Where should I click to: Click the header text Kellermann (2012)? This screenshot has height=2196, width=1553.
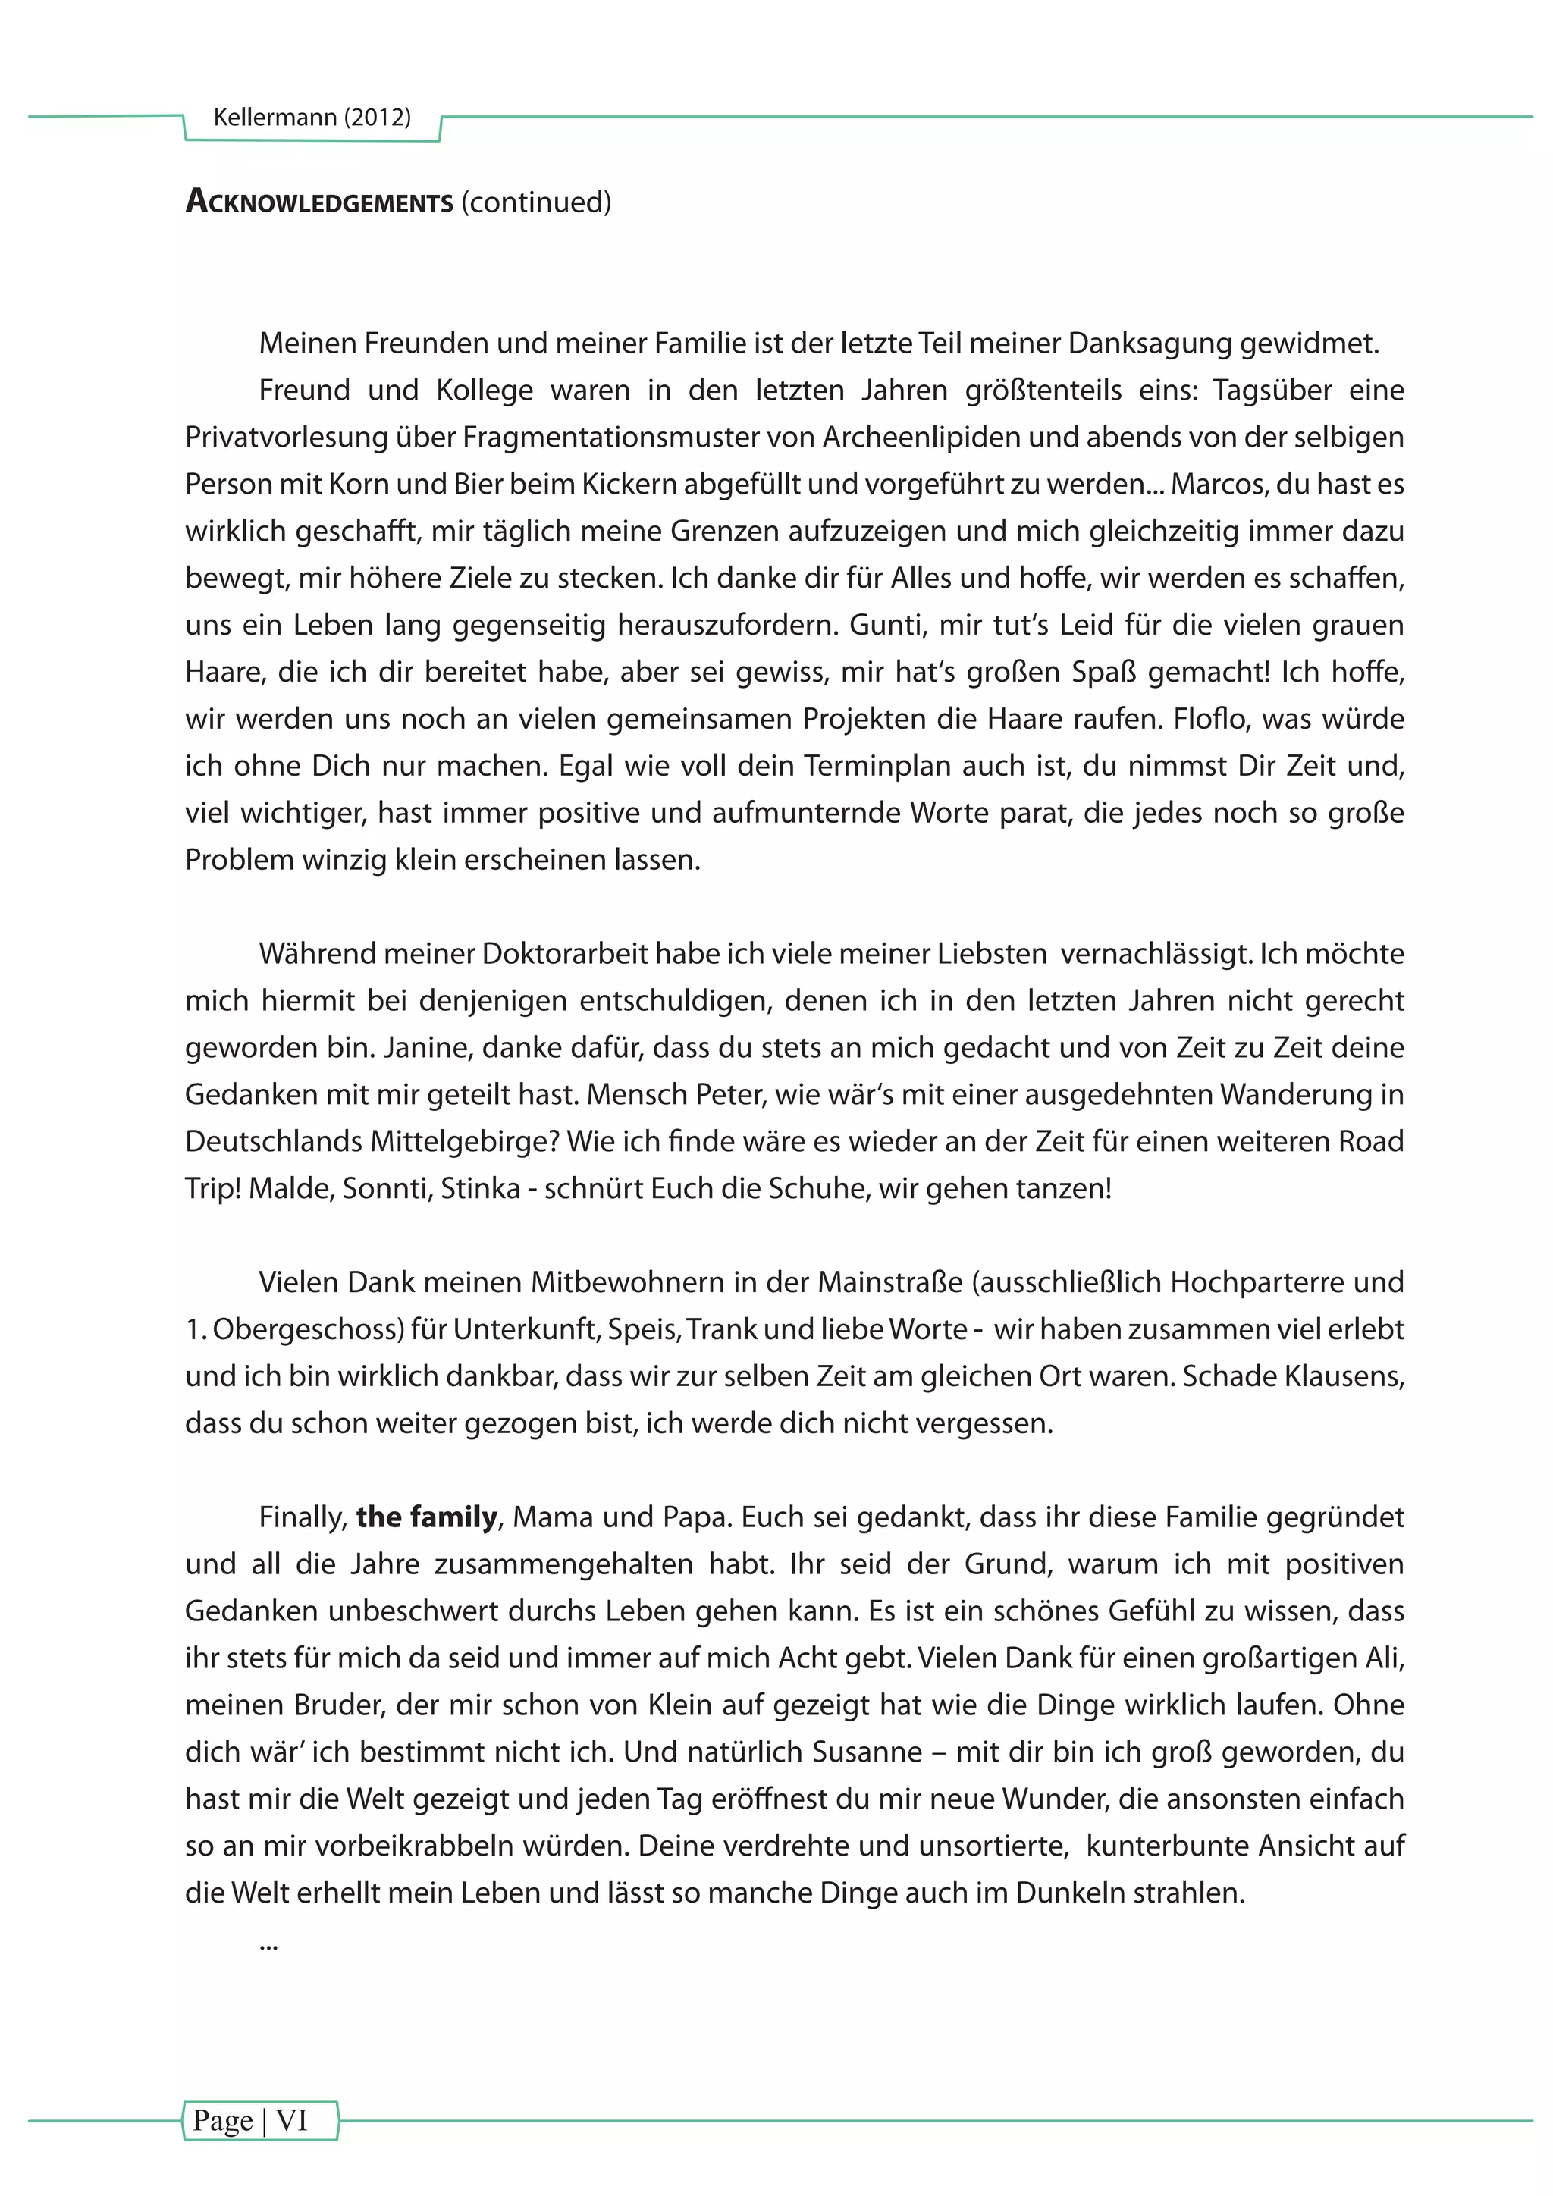coord(312,118)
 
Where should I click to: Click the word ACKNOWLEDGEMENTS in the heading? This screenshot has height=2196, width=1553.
coord(319,202)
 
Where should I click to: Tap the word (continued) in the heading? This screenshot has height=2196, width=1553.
coord(535,202)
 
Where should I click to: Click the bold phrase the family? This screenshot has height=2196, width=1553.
coord(426,1517)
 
